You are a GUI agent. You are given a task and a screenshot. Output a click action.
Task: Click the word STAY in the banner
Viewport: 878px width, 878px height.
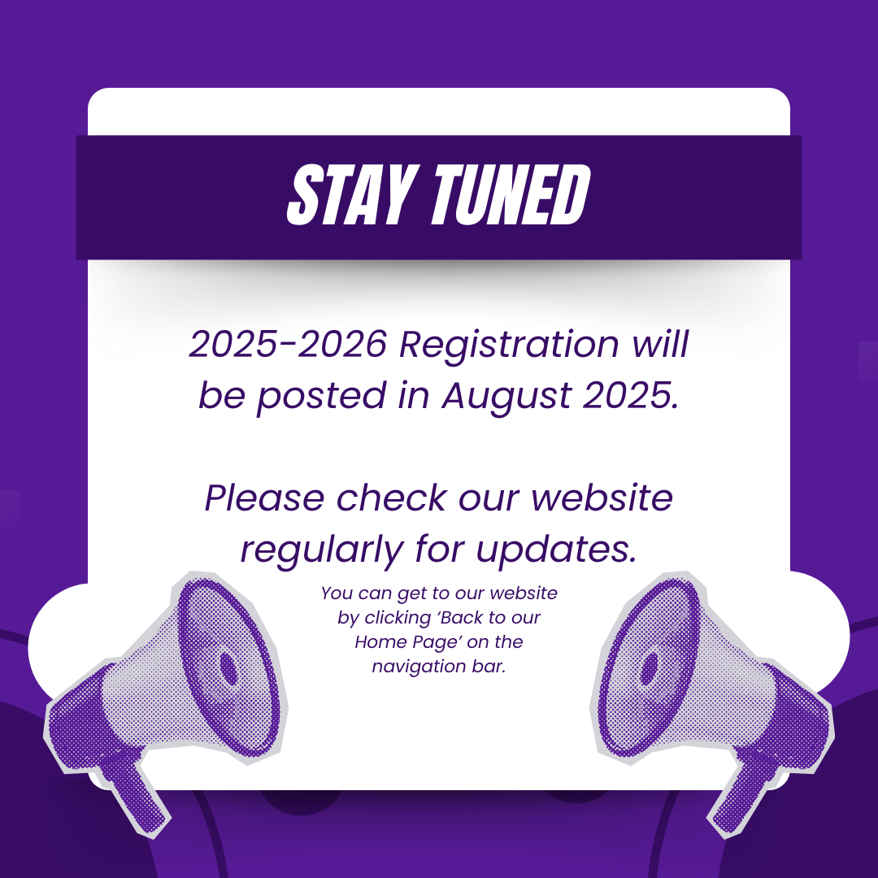coord(350,195)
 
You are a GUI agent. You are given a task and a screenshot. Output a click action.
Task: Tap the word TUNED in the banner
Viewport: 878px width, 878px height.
coord(511,195)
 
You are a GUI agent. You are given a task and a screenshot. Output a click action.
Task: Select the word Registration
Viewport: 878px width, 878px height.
coord(508,346)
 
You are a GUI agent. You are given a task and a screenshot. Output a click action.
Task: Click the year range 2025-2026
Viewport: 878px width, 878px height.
coord(288,343)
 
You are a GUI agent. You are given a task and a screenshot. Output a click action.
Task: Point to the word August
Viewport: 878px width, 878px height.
coord(506,397)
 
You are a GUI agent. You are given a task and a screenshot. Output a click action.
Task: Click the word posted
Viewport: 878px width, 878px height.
coord(322,397)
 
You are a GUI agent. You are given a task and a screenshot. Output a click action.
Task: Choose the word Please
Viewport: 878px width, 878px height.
coord(264,498)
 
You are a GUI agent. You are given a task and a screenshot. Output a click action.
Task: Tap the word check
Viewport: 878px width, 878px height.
coord(391,498)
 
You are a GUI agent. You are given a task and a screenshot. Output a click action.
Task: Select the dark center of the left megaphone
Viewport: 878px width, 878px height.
coord(228,668)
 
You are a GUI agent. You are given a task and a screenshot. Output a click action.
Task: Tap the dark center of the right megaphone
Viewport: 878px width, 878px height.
coord(649,668)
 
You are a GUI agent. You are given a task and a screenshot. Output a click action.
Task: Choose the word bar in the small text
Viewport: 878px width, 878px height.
coord(493,667)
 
